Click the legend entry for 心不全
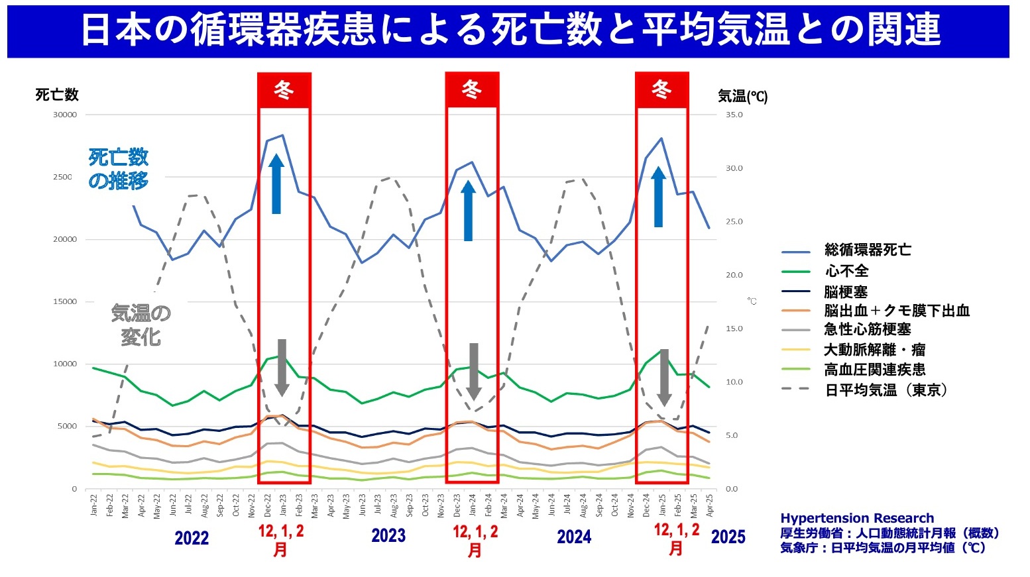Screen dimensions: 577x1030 (846, 271)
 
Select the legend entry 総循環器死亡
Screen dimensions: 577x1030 (868, 250)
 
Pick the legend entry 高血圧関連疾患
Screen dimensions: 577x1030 (875, 370)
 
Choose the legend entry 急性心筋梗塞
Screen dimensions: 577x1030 (868, 329)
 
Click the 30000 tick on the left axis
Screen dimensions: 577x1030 (65, 115)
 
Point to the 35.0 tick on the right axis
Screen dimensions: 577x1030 (734, 115)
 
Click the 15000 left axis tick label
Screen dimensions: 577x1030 (65, 301)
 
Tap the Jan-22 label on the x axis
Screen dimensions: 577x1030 (93, 504)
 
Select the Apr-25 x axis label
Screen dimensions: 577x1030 (709, 504)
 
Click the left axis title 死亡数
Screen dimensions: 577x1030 (57, 95)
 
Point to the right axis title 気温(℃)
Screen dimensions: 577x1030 (742, 97)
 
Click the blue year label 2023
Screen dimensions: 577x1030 (388, 535)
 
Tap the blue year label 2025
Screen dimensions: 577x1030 (728, 537)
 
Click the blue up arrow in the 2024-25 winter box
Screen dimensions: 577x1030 (658, 197)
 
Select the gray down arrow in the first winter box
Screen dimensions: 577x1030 (282, 368)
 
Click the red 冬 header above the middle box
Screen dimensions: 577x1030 (471, 89)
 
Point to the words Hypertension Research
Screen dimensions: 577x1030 (856, 518)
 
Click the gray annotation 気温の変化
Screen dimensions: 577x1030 (141, 325)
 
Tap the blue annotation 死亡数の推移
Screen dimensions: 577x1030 (119, 169)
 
